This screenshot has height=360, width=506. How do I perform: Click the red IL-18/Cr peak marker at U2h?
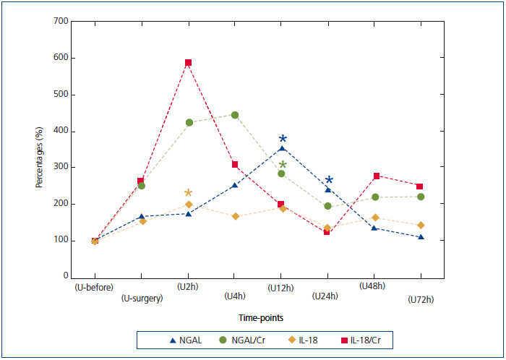[x=188, y=63]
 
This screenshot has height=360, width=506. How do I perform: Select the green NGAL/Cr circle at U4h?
[x=235, y=115]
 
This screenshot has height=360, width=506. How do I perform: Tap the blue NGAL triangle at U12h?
[x=282, y=148]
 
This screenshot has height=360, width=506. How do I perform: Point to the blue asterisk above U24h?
[x=329, y=181]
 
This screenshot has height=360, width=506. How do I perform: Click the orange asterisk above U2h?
[x=188, y=193]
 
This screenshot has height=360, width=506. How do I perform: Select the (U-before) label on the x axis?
[x=94, y=287]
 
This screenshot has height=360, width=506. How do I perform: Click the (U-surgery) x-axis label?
[x=142, y=298]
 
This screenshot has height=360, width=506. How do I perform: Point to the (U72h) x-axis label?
[x=421, y=298]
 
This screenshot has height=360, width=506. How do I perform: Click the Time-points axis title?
[x=261, y=317]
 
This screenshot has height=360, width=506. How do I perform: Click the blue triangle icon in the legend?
[x=172, y=338]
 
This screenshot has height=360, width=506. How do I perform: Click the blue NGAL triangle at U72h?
[x=421, y=237]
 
